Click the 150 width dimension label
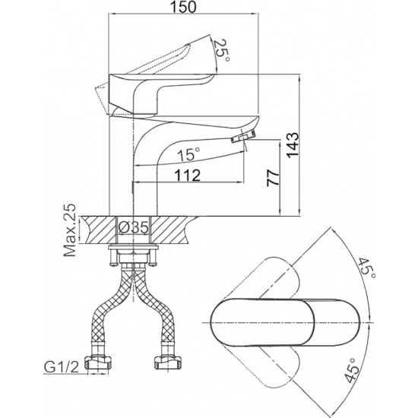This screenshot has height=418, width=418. pos(183,7)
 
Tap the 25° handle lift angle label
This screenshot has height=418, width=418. pos(221,51)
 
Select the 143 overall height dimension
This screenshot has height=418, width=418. pos(293,144)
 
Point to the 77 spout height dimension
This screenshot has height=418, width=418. pos(274,177)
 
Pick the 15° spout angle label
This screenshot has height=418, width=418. pos(189,154)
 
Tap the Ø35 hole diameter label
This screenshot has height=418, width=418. pos(133,228)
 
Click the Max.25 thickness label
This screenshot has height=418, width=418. pos(70,230)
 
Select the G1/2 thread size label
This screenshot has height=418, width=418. pos(62,368)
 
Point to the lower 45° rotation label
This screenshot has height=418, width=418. pos(350,371)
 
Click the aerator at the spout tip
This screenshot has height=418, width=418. pos(243,137)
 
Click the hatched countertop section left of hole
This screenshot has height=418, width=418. pos(100,230)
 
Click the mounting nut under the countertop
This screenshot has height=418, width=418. pos(133,257)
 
